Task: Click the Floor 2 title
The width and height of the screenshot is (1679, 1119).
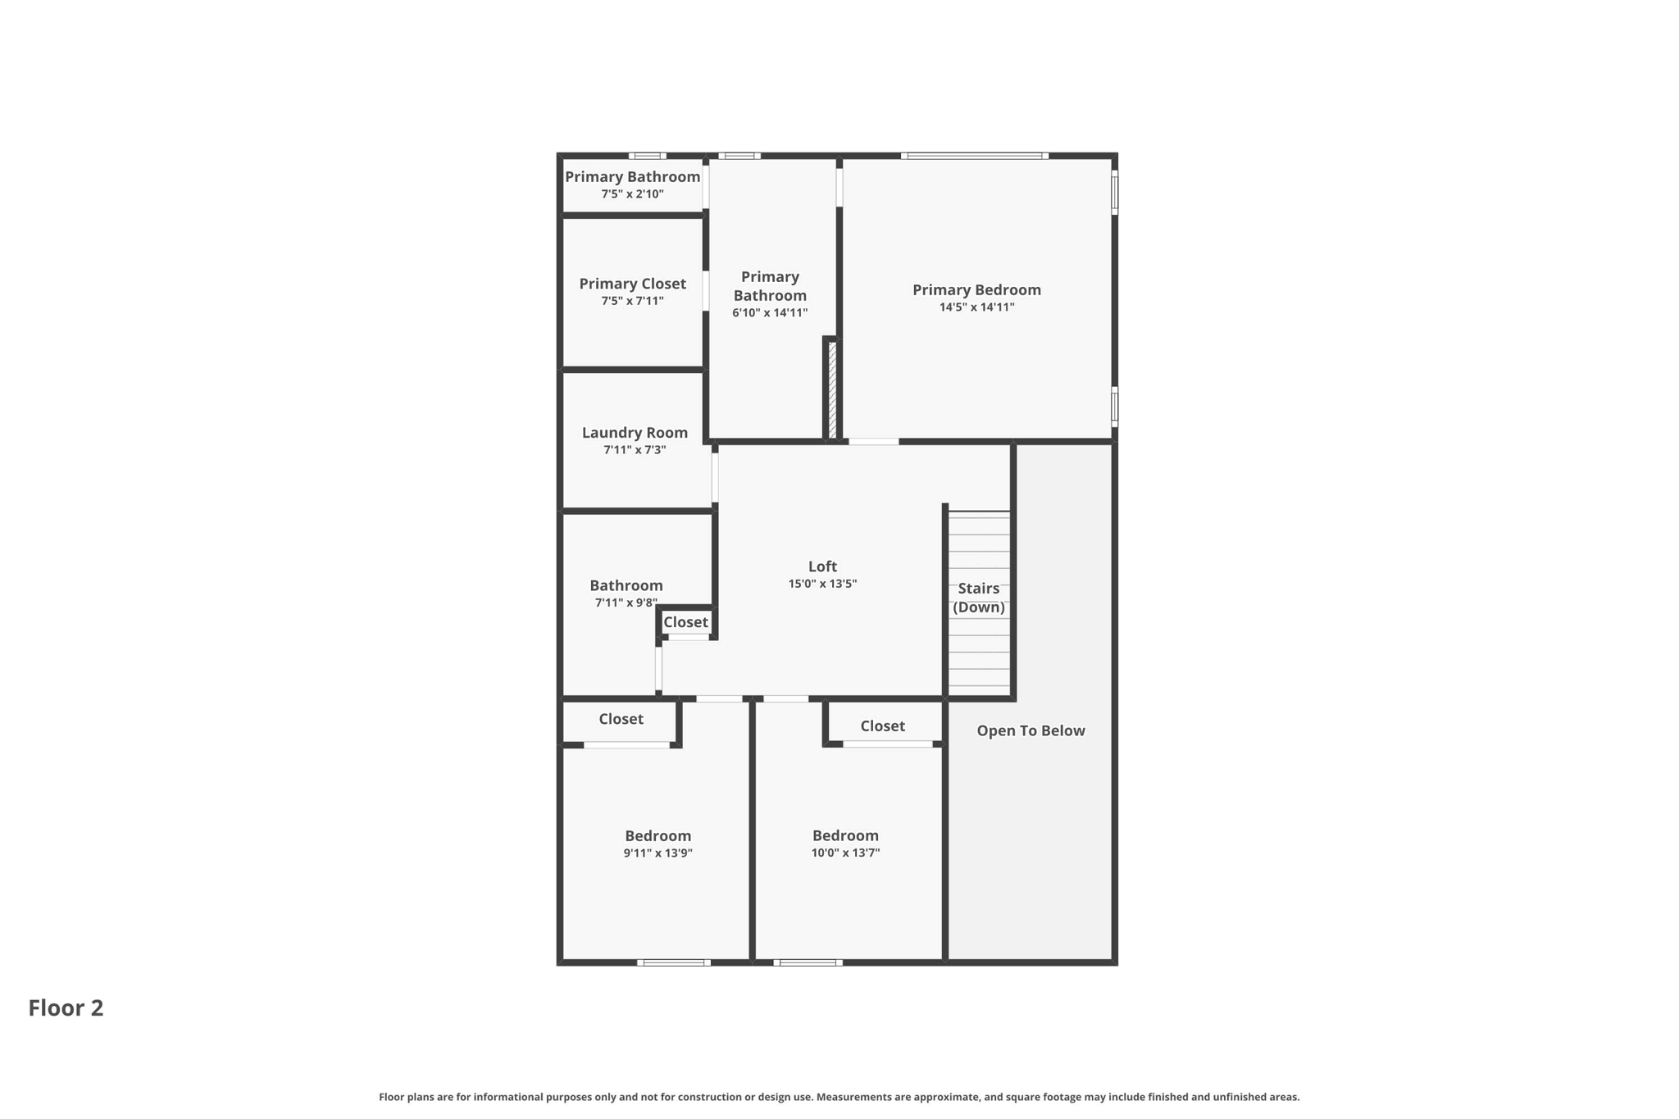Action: (66, 1008)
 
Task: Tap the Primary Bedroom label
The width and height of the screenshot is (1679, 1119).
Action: (976, 289)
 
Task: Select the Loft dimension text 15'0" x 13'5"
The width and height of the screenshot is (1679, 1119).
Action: (822, 584)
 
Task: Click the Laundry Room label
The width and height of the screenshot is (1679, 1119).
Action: (635, 432)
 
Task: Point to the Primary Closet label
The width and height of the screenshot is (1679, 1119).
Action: (632, 284)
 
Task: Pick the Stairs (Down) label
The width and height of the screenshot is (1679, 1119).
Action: (978, 598)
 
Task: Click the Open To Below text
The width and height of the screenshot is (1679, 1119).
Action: (1031, 730)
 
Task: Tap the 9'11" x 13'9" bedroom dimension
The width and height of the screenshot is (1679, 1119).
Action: (657, 853)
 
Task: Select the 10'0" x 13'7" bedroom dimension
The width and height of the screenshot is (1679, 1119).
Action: (845, 853)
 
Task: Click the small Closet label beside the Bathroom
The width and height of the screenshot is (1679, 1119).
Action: (685, 622)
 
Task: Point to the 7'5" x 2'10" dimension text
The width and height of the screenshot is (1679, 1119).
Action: (632, 194)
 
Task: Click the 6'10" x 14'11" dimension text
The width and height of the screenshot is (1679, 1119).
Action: (770, 312)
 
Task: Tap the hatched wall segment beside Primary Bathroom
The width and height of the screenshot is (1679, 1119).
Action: (832, 389)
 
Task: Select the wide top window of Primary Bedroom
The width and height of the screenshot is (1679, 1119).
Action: (974, 156)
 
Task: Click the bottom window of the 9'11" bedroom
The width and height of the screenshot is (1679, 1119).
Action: (673, 962)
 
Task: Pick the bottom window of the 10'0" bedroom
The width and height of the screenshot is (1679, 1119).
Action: (808, 962)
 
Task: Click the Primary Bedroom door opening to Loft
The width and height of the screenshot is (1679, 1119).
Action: (873, 442)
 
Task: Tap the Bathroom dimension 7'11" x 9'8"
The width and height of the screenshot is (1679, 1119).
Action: (626, 603)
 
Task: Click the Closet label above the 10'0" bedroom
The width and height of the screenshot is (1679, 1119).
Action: (882, 726)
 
